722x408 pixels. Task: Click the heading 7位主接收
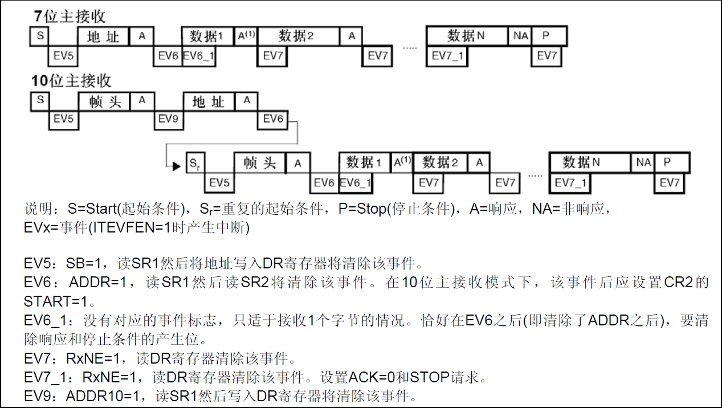70,16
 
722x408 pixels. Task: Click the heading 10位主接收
71,80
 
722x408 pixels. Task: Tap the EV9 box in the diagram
169,120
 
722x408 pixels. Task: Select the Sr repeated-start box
195,163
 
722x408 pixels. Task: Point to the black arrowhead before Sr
177,166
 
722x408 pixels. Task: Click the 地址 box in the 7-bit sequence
103,36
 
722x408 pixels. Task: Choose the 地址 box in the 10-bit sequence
209,102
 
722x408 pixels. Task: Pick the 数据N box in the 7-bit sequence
466,35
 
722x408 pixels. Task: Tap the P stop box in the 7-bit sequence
549,35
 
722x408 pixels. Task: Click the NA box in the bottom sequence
643,162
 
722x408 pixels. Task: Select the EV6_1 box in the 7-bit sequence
199,56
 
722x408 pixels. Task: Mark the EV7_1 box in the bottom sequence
570,183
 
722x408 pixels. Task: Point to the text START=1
56,301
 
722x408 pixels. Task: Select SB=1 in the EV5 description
84,263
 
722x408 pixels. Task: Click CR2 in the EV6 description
679,282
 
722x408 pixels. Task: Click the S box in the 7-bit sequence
39,36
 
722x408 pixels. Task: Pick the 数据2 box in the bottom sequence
440,162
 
